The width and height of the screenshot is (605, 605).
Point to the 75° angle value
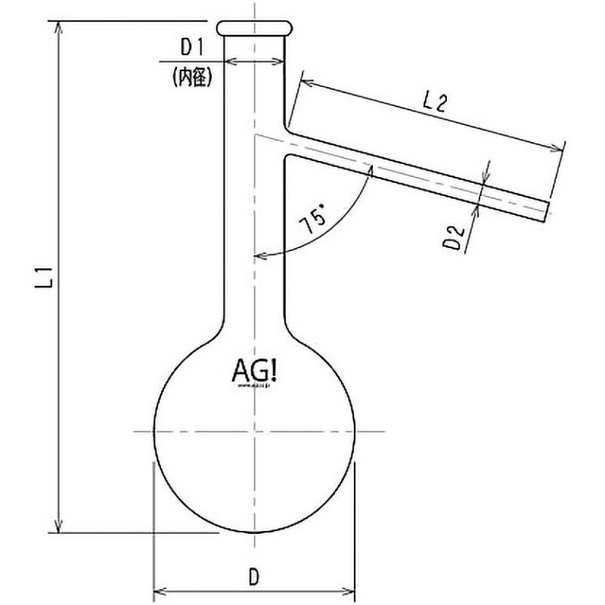coord(312,223)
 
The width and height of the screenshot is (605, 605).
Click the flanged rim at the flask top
coord(254,28)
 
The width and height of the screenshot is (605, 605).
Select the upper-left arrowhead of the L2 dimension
coord(305,79)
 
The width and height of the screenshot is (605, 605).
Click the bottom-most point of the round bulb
coord(255,532)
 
